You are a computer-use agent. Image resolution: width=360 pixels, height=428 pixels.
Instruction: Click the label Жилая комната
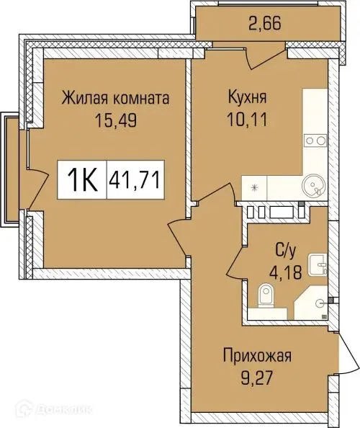[x=114, y=97]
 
